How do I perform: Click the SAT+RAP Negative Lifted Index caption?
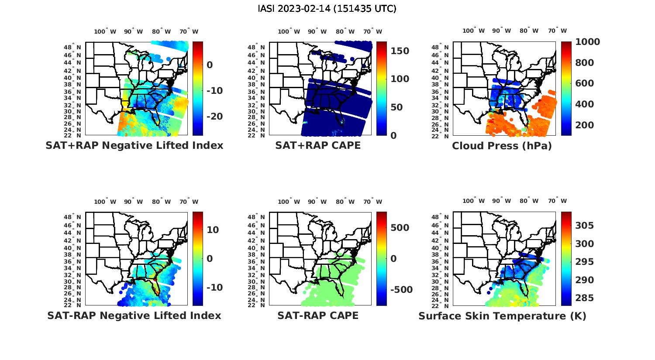coord(134,146)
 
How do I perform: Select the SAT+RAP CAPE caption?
coord(318,146)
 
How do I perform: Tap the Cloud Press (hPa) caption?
coord(502,146)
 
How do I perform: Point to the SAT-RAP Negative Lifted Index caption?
coord(134,315)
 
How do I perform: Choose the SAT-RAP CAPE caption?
coord(318,315)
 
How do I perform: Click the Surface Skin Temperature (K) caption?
coord(502,316)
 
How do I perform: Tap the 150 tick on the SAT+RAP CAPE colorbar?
coord(400,51)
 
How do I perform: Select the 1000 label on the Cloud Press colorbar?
coord(587,42)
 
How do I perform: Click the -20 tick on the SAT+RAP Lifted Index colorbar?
coord(214,117)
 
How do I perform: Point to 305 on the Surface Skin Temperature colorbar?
coord(584,226)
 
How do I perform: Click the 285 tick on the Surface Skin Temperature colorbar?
coord(584,298)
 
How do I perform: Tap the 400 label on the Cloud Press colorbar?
coord(584,104)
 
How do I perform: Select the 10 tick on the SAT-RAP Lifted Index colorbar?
coord(213,230)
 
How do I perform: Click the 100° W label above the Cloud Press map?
coord(473,31)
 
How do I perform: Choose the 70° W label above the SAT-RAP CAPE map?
coord(373,202)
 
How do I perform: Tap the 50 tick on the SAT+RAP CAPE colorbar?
coord(397,107)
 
